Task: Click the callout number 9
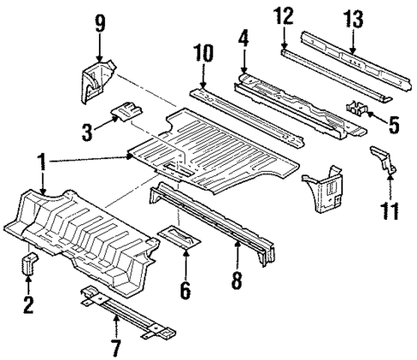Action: [101, 21]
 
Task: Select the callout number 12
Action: [285, 16]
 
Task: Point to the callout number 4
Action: [245, 40]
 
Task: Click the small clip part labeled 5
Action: [357, 110]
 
